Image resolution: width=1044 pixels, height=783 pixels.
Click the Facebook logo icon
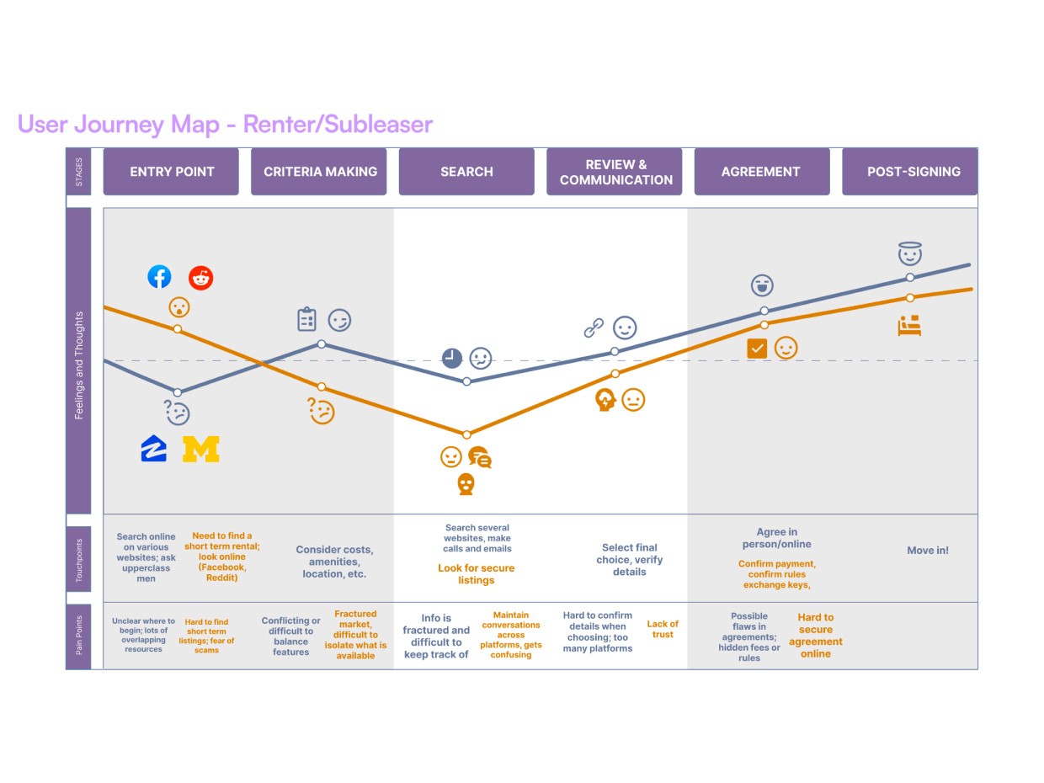pyautogui.click(x=159, y=276)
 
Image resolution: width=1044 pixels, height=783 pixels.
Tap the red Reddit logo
pyautogui.click(x=200, y=277)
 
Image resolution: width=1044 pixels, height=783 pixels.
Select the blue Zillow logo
pyautogui.click(x=154, y=449)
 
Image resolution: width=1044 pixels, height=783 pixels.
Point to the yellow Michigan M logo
pyautogui.click(x=201, y=449)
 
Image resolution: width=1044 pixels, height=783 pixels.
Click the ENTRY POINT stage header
pyautogui.click(x=171, y=172)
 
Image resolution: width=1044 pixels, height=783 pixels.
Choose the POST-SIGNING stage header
pyautogui.click(x=913, y=172)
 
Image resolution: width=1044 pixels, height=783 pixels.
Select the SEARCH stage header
pyautogui.click(x=466, y=172)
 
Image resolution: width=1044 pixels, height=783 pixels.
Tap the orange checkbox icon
pyautogui.click(x=757, y=348)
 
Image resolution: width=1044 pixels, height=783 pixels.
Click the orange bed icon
pyautogui.click(x=909, y=326)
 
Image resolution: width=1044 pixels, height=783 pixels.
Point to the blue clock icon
pyautogui.click(x=452, y=358)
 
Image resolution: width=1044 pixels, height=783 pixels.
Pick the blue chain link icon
pyautogui.click(x=594, y=328)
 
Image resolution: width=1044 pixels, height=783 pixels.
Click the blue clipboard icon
pyautogui.click(x=306, y=320)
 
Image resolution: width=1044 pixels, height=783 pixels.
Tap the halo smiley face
pyautogui.click(x=910, y=253)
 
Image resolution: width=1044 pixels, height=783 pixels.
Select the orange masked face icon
pyautogui.click(x=466, y=484)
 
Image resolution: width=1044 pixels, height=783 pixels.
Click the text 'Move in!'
pyautogui.click(x=928, y=551)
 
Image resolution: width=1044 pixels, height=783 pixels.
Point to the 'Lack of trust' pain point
pyautogui.click(x=663, y=629)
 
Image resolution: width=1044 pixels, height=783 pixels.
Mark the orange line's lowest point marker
pyautogui.click(x=467, y=434)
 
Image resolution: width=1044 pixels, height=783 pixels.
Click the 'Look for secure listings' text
pyautogui.click(x=476, y=574)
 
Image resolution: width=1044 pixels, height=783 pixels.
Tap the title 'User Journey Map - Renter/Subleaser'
pyautogui.click(x=225, y=125)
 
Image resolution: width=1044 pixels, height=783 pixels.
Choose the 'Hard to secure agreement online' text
pyautogui.click(x=815, y=636)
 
